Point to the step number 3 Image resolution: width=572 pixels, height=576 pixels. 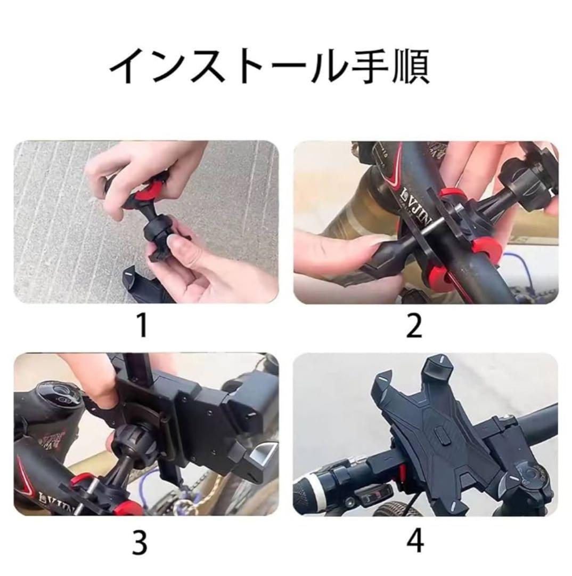pyautogui.click(x=140, y=542)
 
